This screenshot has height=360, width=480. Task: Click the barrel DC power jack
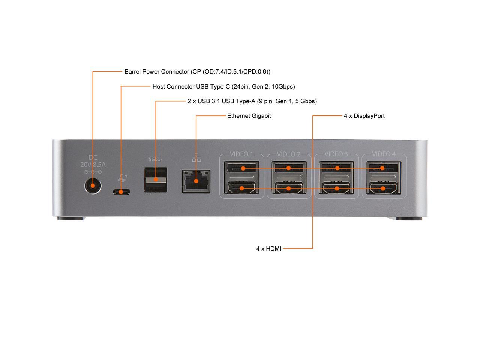(93, 185)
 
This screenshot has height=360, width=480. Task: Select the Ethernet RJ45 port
(196, 181)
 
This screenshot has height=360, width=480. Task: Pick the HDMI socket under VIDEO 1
(241, 188)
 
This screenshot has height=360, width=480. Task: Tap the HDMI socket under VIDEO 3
(336, 188)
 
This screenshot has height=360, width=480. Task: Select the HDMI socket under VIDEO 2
(289, 188)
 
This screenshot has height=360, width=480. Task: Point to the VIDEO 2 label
(288, 154)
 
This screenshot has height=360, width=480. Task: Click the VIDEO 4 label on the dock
(383, 154)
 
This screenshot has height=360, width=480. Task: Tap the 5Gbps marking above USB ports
(155, 159)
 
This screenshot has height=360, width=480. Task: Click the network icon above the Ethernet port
(196, 158)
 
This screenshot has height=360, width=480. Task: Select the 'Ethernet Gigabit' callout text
(249, 116)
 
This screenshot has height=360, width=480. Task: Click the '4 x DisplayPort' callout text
(364, 116)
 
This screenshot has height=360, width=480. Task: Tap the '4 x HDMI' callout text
(268, 248)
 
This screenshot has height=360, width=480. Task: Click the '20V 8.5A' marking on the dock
(93, 164)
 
